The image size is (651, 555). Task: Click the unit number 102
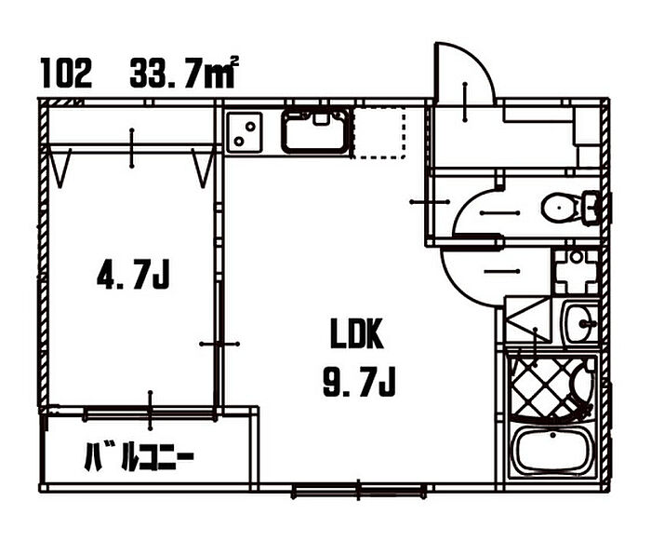(66, 74)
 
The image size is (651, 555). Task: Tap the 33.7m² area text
(184, 73)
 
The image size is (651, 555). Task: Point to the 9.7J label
(359, 382)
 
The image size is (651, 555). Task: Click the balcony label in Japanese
(139, 457)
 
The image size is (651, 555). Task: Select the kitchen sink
(315, 130)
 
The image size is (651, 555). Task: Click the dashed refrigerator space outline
(379, 132)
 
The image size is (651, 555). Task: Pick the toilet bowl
(569, 207)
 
